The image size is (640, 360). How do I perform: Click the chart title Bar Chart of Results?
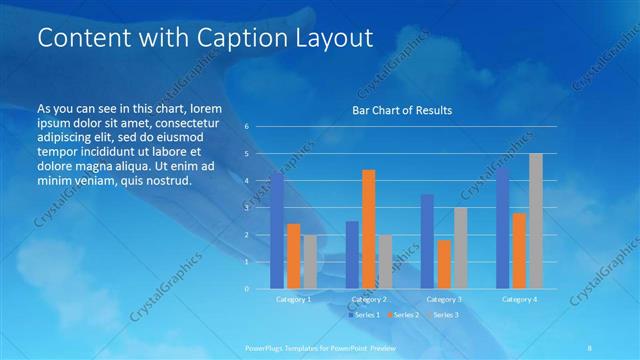point(402,110)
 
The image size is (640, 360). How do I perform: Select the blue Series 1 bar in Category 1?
point(277,230)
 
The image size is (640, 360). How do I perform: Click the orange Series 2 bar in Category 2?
point(369,229)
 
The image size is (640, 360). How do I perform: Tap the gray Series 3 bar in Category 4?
point(536,221)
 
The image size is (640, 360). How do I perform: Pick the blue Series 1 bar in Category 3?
point(428,241)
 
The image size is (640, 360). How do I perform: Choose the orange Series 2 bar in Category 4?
point(519,250)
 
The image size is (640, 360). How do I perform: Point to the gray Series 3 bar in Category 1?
point(310,261)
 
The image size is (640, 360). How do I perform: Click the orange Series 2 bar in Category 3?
point(444,264)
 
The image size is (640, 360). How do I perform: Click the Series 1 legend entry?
point(363,315)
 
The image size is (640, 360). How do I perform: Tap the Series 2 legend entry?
point(402,315)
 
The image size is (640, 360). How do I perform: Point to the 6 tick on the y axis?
point(247,127)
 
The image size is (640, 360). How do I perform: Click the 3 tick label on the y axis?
point(247,208)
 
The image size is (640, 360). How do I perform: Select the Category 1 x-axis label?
point(294,299)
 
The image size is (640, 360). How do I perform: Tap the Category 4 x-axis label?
point(519,299)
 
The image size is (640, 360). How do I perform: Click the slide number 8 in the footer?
point(590,347)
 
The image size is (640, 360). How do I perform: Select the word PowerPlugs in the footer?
point(266,347)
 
